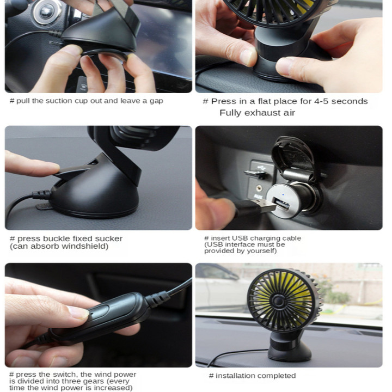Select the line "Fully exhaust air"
pyautogui.click(x=257, y=113)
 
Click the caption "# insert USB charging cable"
pyautogui.click(x=252, y=238)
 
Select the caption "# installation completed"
pyautogui.click(x=252, y=376)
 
